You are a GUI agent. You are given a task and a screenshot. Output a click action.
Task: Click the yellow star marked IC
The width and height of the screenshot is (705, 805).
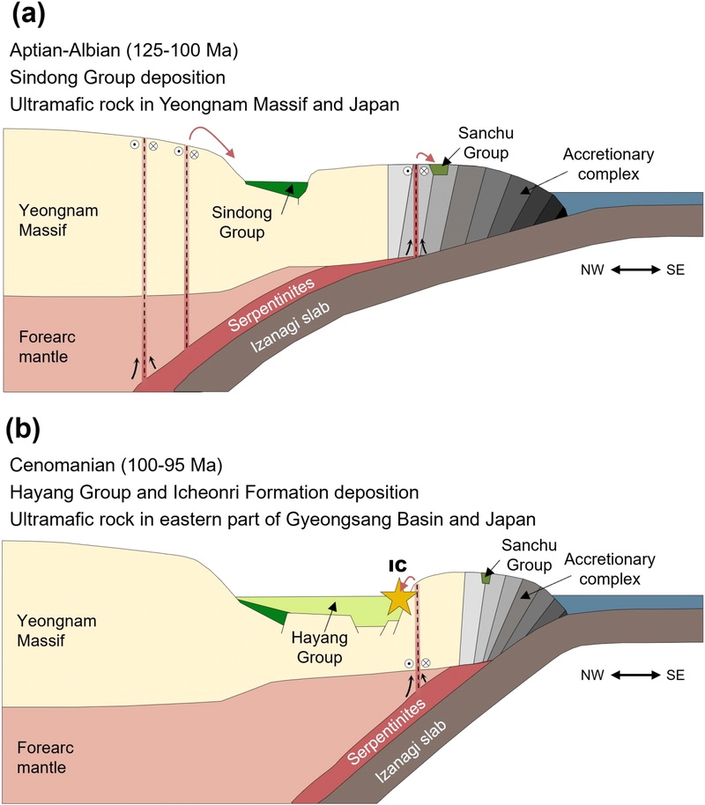tap(399, 599)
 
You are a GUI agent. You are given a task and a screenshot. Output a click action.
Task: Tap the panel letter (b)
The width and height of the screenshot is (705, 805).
tap(27, 431)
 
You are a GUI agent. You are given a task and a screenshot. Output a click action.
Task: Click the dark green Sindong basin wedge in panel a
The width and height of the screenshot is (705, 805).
tap(278, 188)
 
